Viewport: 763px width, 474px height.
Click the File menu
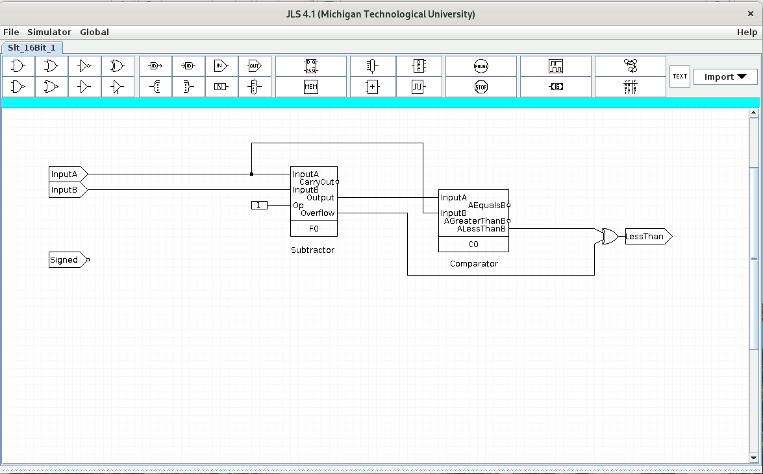pyautogui.click(x=11, y=32)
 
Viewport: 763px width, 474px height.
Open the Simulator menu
pyautogui.click(x=49, y=32)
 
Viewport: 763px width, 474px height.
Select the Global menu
pyautogui.click(x=94, y=32)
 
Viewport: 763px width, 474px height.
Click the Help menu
pyautogui.click(x=747, y=32)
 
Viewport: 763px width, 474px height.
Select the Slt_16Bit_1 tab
pyautogui.click(x=32, y=47)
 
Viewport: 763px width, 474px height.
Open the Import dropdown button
pyautogui.click(x=725, y=77)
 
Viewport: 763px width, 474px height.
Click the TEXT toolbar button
pyautogui.click(x=679, y=77)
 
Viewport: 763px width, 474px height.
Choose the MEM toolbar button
pyautogui.click(x=311, y=87)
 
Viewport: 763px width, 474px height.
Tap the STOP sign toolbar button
pyautogui.click(x=481, y=87)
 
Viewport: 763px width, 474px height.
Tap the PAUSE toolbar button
pyautogui.click(x=481, y=66)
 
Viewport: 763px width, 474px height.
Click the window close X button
pyautogui.click(x=751, y=14)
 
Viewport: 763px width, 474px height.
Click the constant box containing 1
pyautogui.click(x=259, y=206)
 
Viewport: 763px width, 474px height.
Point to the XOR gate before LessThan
pyautogui.click(x=609, y=237)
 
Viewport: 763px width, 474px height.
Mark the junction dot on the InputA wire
pyautogui.click(x=252, y=174)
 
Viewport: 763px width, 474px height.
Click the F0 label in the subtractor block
pyautogui.click(x=314, y=229)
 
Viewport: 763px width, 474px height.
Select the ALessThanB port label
pyautogui.click(x=481, y=229)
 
